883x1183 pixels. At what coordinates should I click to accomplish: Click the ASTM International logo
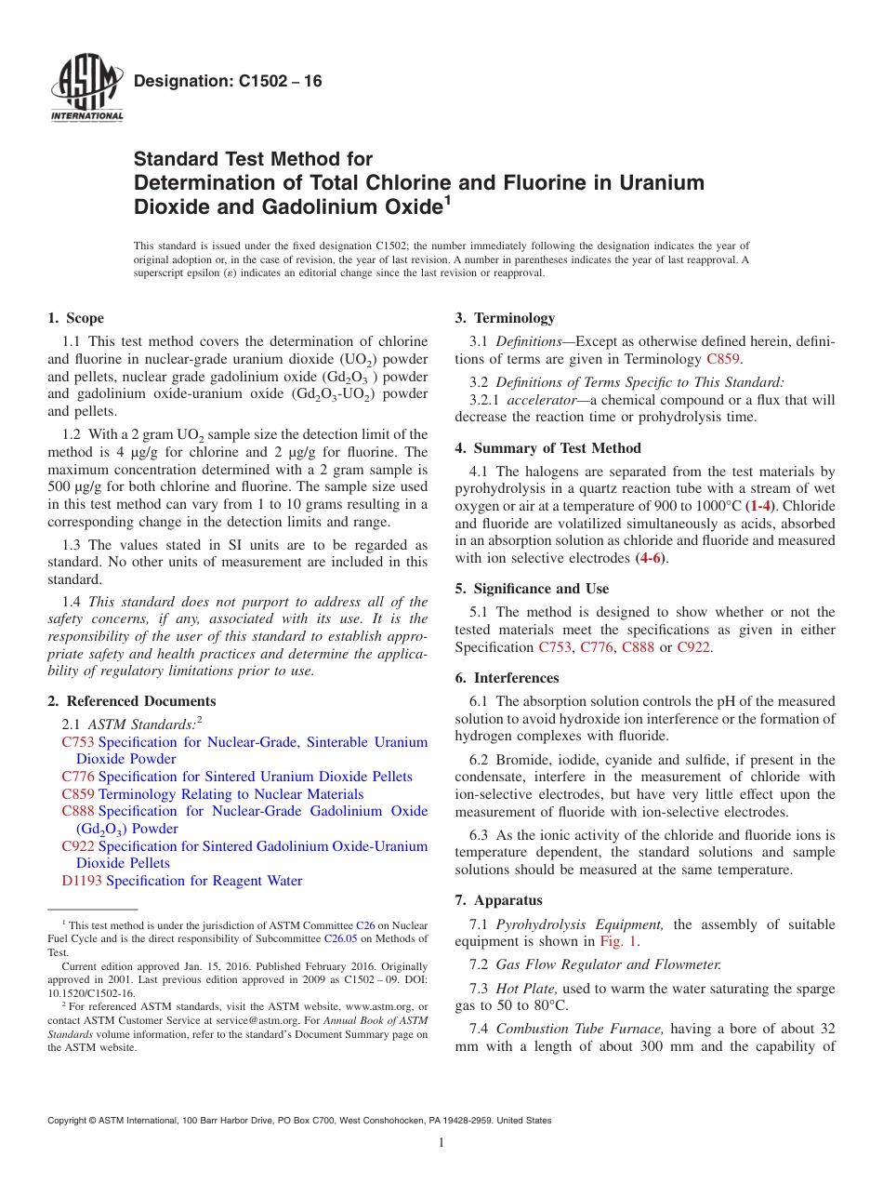coord(86,90)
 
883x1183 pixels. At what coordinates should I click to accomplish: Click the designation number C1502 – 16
coord(228,82)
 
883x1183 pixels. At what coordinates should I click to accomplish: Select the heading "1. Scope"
coord(75,318)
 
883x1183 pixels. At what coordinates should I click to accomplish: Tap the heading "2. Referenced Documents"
coord(132,701)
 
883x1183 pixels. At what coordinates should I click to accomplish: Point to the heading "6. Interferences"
coord(507,678)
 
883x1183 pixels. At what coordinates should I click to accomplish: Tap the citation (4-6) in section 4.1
coord(651,558)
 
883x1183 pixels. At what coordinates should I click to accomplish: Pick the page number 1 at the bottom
coord(441,1143)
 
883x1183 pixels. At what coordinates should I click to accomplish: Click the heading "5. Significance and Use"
coord(532,589)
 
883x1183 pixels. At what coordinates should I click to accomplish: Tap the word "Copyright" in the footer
coord(69,1121)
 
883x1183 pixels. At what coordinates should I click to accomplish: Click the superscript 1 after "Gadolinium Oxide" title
coord(447,200)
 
